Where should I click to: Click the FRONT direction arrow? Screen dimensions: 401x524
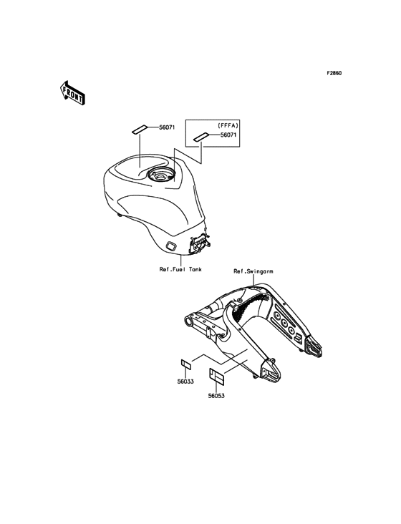point(72,93)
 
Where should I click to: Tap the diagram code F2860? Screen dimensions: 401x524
point(334,73)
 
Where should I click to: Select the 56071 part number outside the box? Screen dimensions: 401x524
point(167,127)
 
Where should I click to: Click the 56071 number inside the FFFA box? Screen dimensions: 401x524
point(228,135)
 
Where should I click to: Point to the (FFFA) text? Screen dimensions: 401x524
point(228,126)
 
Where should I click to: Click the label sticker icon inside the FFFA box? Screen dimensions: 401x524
point(201,137)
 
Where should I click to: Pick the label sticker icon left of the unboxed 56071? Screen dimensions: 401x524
point(140,130)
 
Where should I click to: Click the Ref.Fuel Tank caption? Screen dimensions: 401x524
point(180,269)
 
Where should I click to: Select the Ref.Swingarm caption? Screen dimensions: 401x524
point(253,271)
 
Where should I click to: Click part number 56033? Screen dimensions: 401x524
point(185,382)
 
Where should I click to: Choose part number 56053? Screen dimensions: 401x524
point(216,396)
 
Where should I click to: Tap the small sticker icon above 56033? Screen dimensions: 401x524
point(185,364)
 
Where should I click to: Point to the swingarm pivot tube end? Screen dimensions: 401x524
point(190,322)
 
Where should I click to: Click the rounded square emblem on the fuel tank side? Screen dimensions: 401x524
point(172,246)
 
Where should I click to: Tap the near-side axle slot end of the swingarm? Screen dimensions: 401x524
point(270,371)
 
